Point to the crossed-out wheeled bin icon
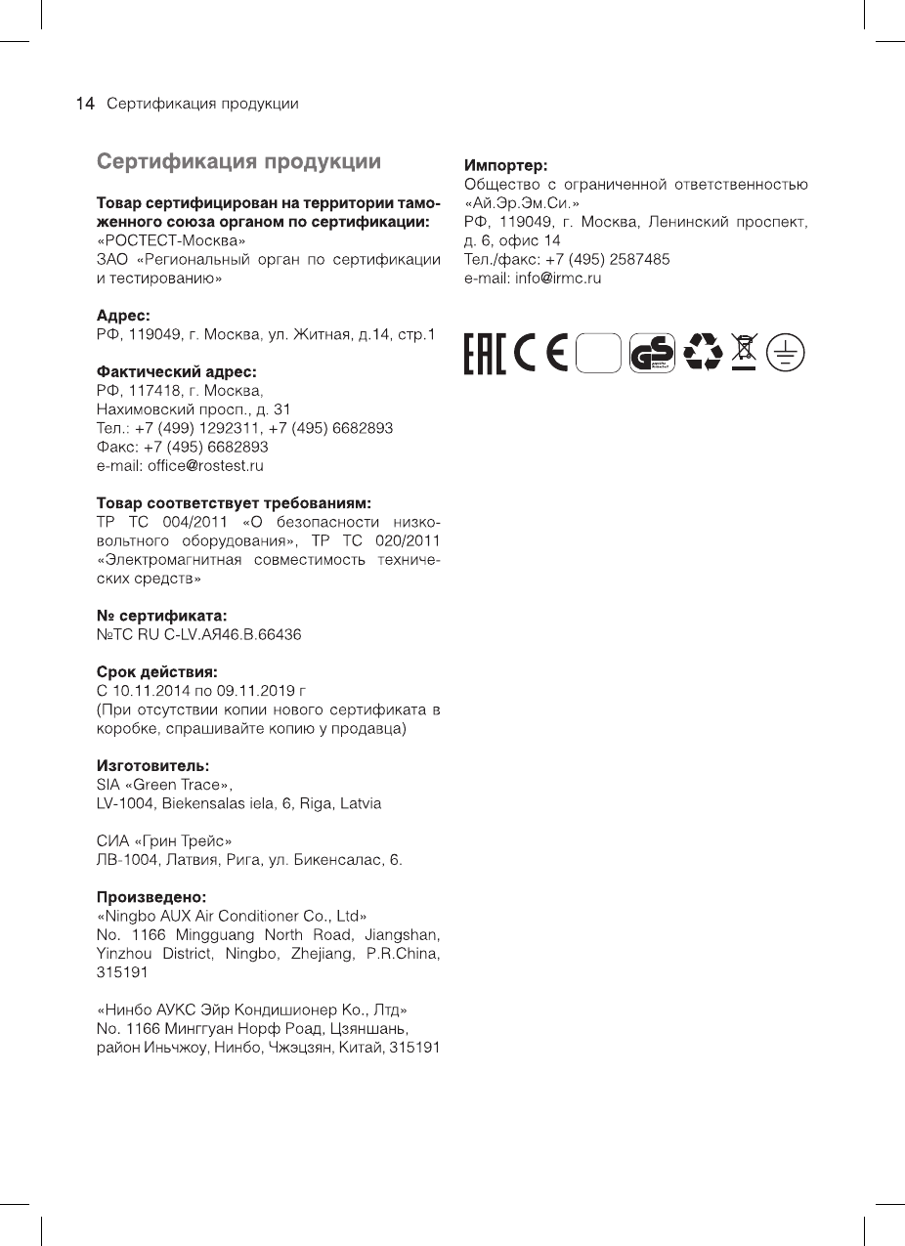pyautogui.click(x=745, y=353)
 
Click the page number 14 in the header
pyautogui.click(x=85, y=104)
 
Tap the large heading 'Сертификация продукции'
pyautogui.click(x=238, y=161)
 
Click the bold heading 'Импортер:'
pyautogui.click(x=506, y=165)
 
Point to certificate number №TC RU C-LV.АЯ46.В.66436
pyautogui.click(x=198, y=635)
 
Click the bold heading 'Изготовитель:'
pyautogui.click(x=153, y=766)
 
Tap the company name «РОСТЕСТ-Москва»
pyautogui.click(x=170, y=240)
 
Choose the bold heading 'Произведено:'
pyautogui.click(x=151, y=896)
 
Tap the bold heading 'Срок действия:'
pyautogui.click(x=156, y=672)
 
